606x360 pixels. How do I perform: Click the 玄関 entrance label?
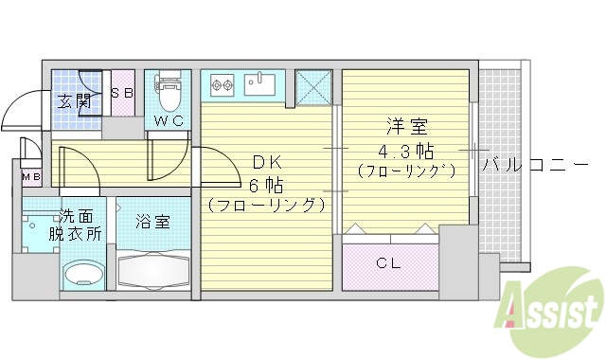point(75,101)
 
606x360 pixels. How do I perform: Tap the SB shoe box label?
point(122,93)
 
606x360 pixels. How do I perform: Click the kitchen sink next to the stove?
point(260,84)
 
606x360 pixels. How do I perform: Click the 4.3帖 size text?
point(406,150)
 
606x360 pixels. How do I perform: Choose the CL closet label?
point(388,263)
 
